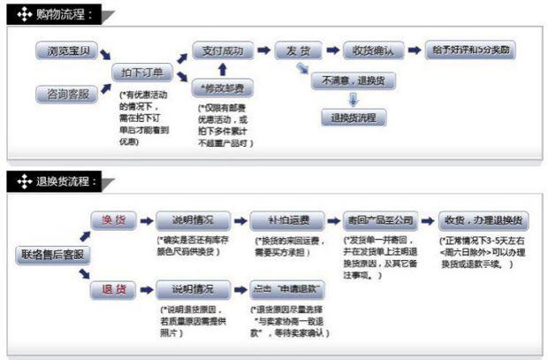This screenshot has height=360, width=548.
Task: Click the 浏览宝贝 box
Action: coord(67,51)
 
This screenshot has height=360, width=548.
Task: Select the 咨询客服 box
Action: coord(67,92)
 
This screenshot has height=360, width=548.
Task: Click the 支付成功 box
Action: coord(222,50)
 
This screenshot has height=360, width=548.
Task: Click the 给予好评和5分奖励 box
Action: coord(469,50)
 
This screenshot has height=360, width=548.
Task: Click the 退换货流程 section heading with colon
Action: coord(71,182)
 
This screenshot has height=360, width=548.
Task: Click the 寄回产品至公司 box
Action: coord(382,219)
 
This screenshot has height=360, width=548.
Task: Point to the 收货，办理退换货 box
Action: coord(483,219)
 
